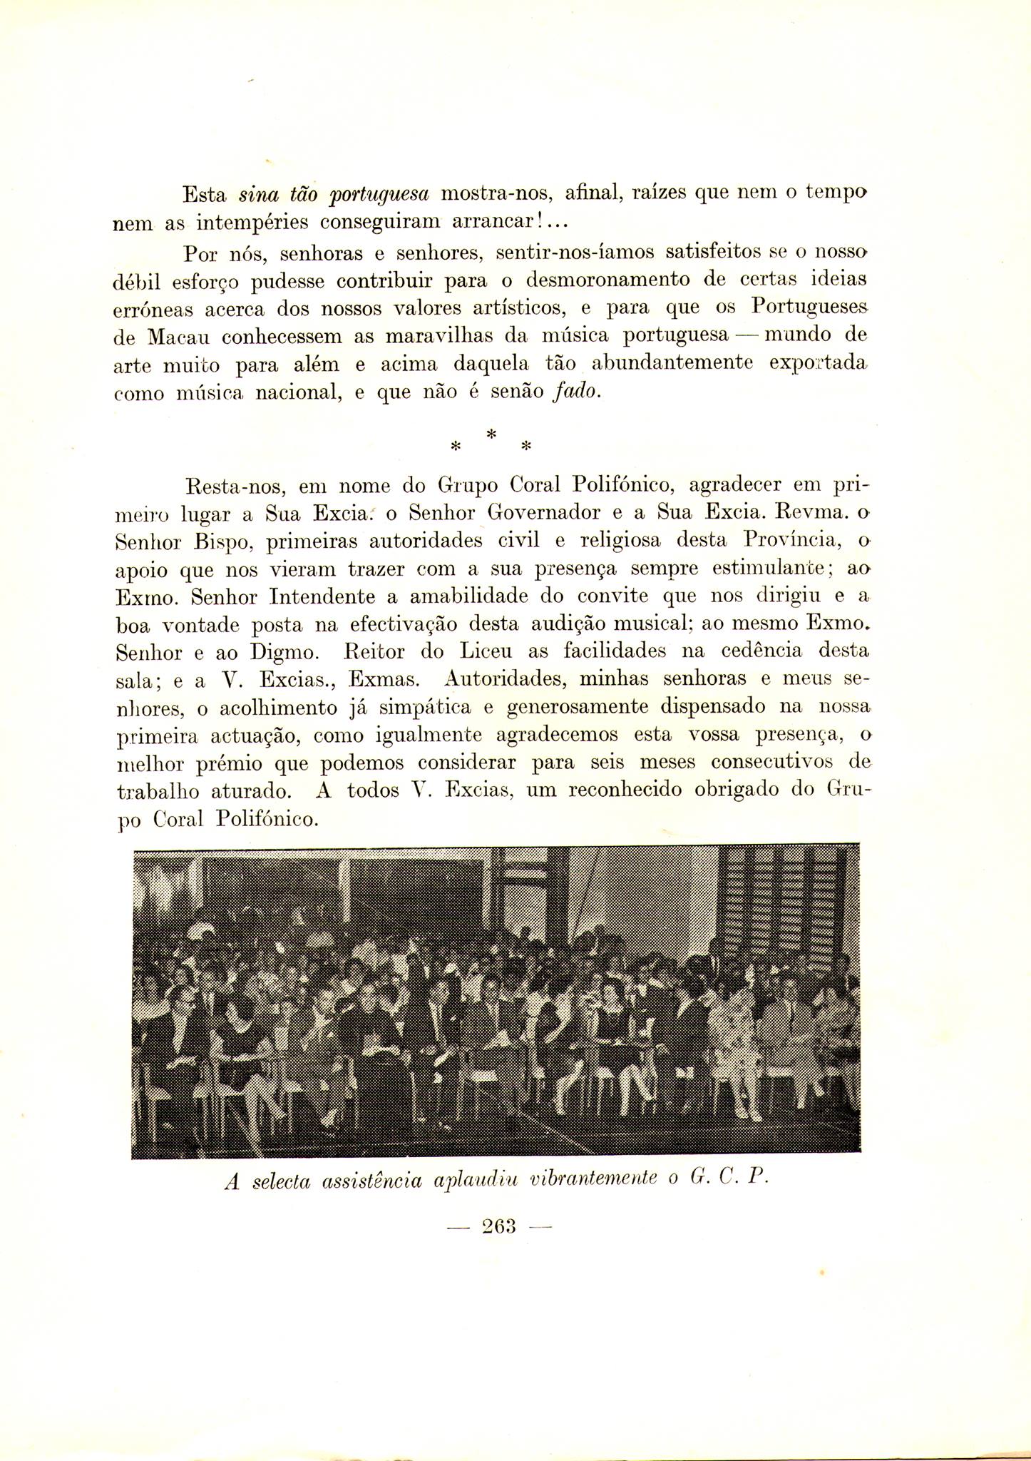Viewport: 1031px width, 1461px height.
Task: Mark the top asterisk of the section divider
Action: pos(490,434)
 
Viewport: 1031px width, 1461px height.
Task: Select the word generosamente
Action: pos(568,708)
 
